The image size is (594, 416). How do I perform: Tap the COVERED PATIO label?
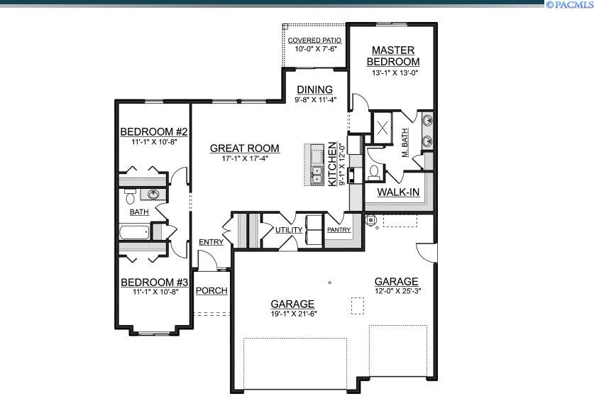(x=314, y=40)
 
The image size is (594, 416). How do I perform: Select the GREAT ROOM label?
(x=244, y=148)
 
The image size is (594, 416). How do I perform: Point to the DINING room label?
(x=314, y=89)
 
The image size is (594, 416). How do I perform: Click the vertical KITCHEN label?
(x=332, y=165)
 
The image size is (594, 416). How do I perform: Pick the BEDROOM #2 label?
(x=153, y=132)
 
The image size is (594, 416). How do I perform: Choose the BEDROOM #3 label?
(x=153, y=282)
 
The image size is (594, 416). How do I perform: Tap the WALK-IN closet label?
(x=397, y=192)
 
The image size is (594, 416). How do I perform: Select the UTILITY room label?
(x=289, y=230)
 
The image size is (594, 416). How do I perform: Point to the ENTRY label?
(x=211, y=242)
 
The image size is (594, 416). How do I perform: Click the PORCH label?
(x=211, y=290)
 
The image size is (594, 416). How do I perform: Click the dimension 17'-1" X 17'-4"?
(x=244, y=159)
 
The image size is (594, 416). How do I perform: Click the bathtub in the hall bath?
(x=135, y=232)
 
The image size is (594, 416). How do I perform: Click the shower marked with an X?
(x=384, y=128)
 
